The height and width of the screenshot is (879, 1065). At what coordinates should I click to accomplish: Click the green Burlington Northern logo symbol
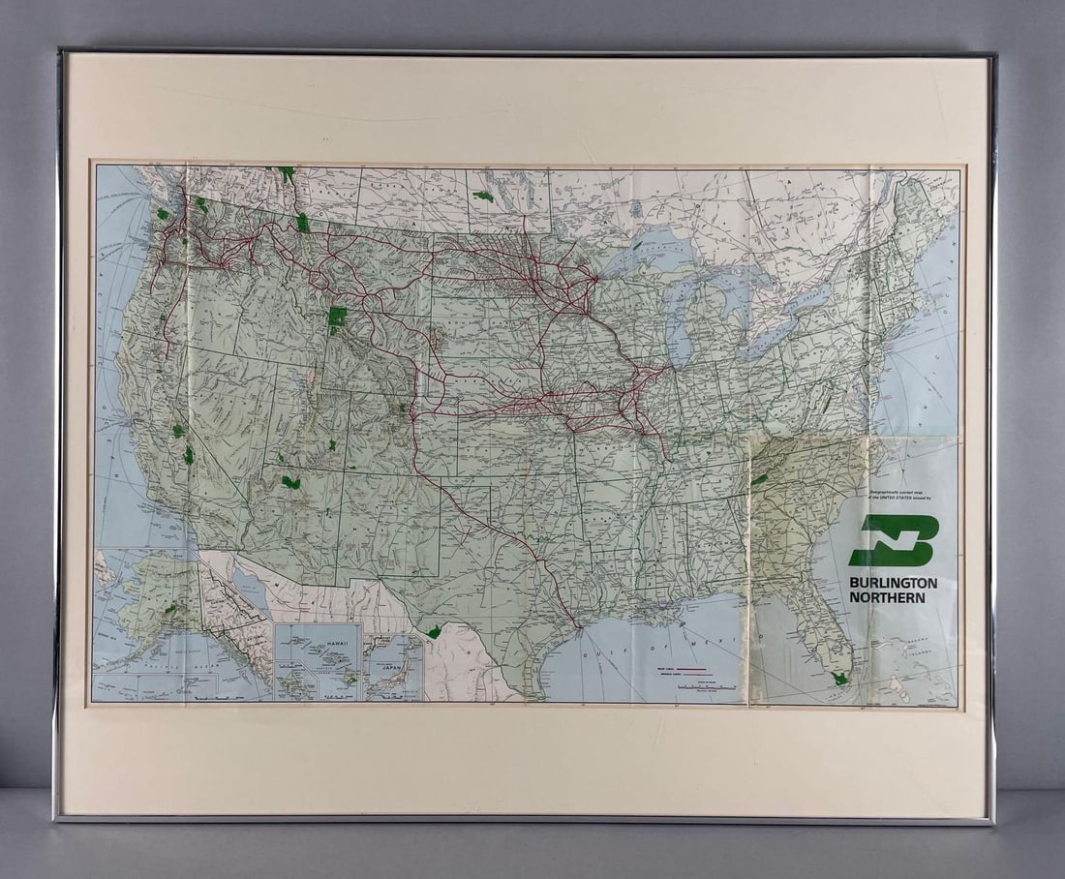point(894,540)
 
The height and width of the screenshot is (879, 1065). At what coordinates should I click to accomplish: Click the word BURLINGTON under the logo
point(893,583)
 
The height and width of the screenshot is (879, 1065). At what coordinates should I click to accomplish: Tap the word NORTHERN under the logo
point(887,597)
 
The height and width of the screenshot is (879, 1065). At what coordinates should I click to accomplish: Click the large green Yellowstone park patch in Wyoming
point(337,318)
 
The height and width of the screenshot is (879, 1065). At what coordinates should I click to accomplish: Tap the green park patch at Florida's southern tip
point(839,679)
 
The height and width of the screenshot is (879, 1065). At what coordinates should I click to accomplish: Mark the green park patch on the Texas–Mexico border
point(435,632)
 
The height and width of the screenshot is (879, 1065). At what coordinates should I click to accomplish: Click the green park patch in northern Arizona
point(289,481)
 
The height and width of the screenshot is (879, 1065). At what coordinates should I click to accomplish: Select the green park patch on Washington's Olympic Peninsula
point(161,213)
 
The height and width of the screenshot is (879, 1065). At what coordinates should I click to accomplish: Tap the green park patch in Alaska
point(170,608)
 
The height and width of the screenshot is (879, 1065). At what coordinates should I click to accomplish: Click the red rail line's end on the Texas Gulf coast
point(578,627)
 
